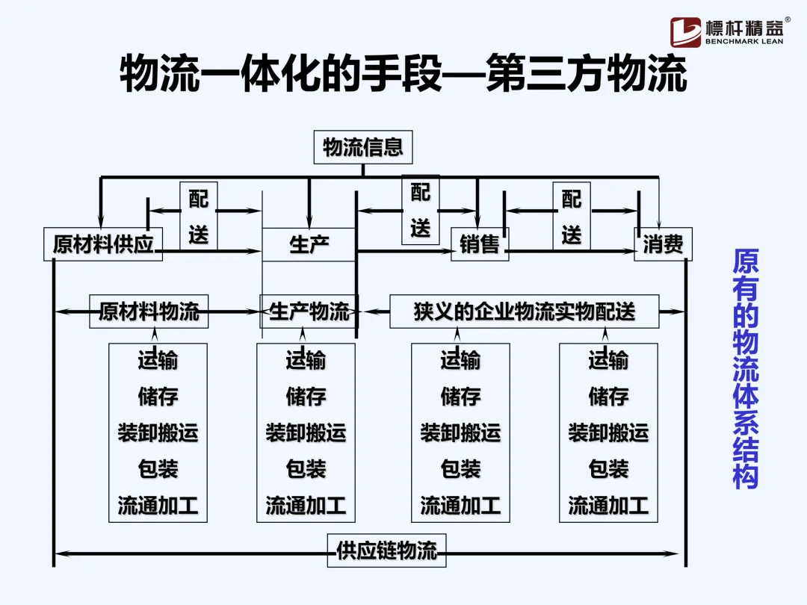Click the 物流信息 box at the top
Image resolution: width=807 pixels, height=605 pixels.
click(x=362, y=147)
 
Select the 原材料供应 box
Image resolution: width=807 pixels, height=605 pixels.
click(x=103, y=244)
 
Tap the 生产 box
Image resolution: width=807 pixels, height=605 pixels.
click(x=309, y=244)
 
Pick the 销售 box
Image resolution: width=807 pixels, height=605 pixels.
click(x=480, y=244)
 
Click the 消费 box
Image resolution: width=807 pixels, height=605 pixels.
click(x=663, y=244)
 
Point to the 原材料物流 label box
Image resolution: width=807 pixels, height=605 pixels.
click(x=149, y=311)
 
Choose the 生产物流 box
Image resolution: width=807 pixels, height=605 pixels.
click(x=309, y=311)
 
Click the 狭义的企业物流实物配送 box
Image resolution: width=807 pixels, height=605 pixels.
click(x=524, y=311)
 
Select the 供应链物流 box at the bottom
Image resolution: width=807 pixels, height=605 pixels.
click(x=386, y=551)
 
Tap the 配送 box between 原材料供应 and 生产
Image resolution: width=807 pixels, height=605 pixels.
click(x=199, y=217)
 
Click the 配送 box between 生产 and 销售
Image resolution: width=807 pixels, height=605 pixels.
click(x=421, y=210)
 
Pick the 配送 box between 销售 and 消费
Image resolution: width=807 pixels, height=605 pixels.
click(x=572, y=217)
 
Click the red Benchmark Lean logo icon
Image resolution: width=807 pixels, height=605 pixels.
click(x=685, y=32)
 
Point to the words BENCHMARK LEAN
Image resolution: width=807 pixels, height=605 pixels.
click(x=744, y=42)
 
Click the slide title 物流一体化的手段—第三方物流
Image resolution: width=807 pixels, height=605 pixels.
click(x=403, y=75)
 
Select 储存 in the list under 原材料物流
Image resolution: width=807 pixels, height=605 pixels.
click(x=158, y=396)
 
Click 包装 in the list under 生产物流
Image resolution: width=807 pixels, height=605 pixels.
click(x=306, y=469)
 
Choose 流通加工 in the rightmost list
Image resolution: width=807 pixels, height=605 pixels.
click(x=608, y=506)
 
